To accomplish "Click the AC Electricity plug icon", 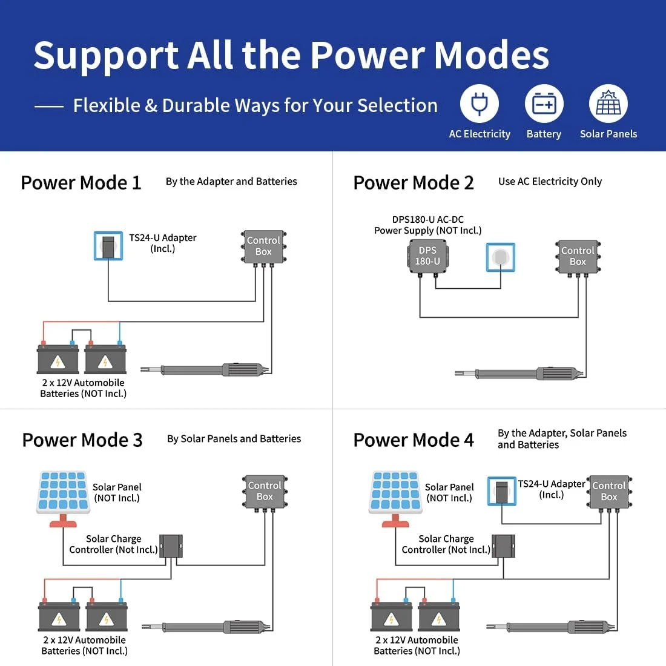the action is coord(480,104).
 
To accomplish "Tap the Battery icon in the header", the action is coord(544,104).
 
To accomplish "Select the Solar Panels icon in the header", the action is coord(608,104).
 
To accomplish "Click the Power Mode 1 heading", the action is coord(81,183).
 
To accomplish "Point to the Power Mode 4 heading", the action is coord(414,440).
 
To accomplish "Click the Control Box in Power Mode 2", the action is coord(578,257).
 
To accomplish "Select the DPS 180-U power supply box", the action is coord(427,257).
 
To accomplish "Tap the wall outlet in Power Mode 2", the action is coord(500,257).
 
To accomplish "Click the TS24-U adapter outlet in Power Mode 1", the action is coord(108,245).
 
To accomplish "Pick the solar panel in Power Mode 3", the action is coord(64,499).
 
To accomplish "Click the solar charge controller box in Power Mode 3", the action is coord(171,546).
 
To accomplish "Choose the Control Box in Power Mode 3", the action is coord(265,492).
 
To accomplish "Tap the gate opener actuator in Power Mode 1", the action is coord(206,369).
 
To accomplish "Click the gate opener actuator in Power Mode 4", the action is coord(550,627).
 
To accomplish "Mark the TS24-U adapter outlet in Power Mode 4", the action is coord(502,491).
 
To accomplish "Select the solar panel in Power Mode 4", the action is coord(395,499).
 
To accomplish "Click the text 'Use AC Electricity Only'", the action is coord(550,182).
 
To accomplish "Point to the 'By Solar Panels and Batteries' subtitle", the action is coord(234,439).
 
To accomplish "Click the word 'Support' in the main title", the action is coord(106,56).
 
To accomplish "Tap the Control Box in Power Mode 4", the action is coord(609,492).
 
